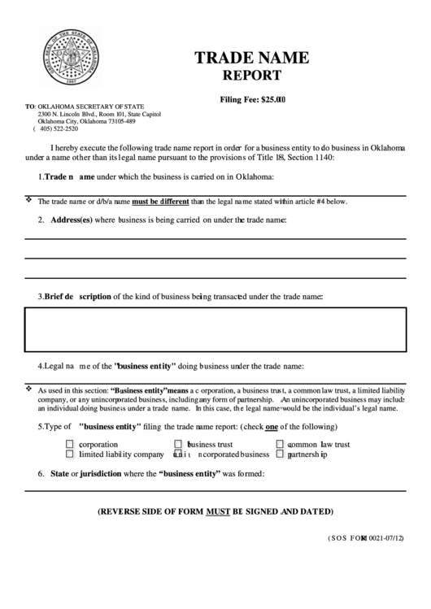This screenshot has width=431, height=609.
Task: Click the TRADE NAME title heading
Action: pos(251,58)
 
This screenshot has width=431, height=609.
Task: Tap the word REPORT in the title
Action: pos(252,76)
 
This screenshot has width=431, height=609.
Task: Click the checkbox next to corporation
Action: pos(70,445)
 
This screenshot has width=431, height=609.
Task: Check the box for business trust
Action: pos(179,445)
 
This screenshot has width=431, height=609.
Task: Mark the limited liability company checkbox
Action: pos(70,455)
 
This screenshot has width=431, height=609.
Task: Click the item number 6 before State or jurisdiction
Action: pos(41,473)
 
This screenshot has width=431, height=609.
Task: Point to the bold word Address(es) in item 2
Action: pos(71,220)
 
